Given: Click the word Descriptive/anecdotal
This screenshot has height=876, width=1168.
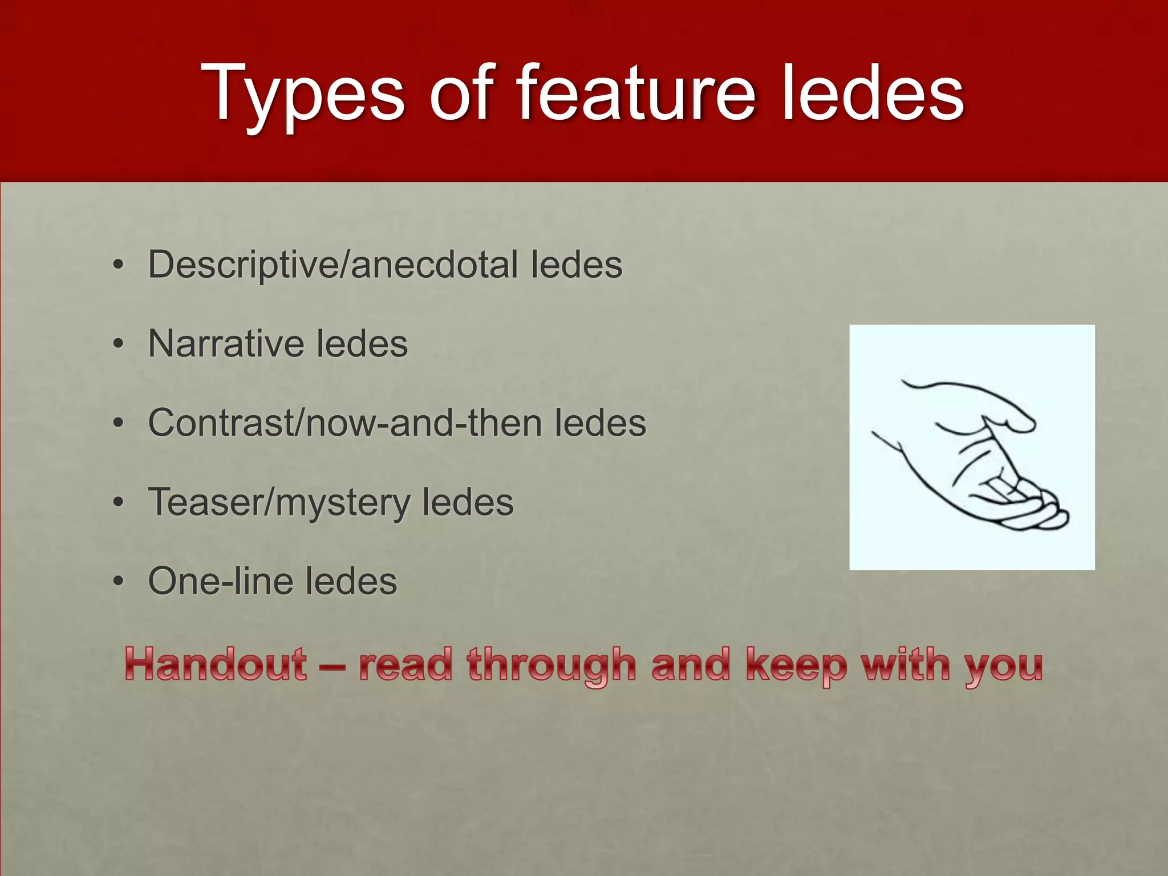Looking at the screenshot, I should coord(334,265).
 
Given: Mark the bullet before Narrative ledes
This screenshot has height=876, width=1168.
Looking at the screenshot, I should coord(118,344).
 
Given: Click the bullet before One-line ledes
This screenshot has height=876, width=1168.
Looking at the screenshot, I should coord(118,582).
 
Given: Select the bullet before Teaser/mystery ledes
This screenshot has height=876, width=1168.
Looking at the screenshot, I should coord(118,503).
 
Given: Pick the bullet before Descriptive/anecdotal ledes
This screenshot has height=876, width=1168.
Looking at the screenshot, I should coord(118,266).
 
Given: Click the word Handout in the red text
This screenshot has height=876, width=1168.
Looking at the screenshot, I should coord(216,664).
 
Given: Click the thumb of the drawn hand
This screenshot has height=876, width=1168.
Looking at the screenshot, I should coord(1009,419).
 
